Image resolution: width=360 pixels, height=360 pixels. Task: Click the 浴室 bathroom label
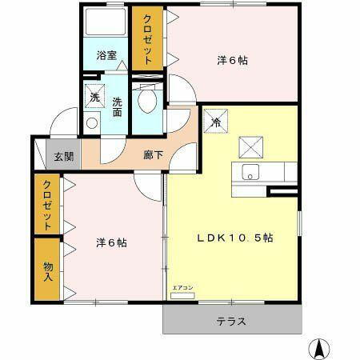point(106,56)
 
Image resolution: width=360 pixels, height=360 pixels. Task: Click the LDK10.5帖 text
point(236,238)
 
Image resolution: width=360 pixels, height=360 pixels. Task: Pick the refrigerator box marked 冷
point(216,122)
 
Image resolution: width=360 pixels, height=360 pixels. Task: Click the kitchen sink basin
point(250,172)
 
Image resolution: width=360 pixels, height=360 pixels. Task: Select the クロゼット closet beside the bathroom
point(148,40)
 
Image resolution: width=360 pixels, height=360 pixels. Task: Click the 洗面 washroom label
point(118,106)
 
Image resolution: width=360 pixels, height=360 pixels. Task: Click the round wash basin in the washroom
point(90,124)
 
